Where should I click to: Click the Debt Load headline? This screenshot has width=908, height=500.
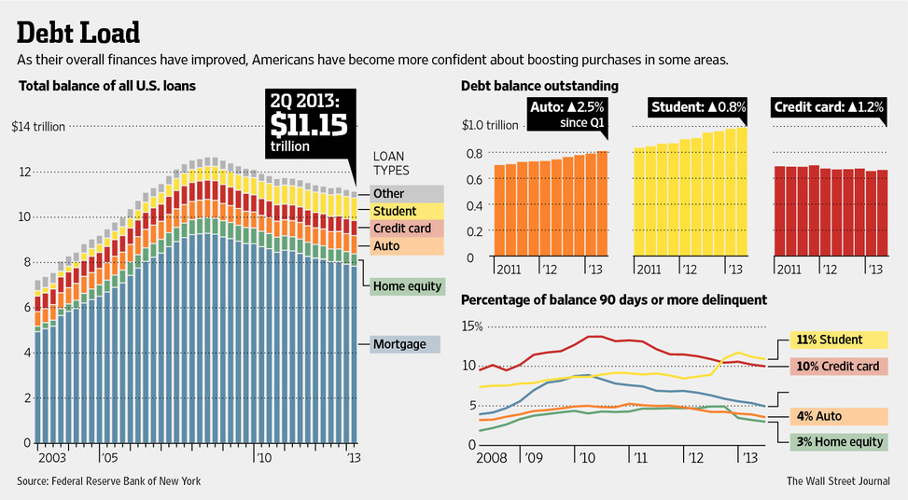[78, 32]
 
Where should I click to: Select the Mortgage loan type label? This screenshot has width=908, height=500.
[399, 344]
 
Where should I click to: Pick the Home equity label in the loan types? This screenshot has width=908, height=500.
[407, 286]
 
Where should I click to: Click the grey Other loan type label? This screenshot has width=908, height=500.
[388, 193]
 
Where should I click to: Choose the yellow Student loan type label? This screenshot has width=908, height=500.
[394, 211]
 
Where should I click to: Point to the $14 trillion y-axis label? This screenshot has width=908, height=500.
[38, 127]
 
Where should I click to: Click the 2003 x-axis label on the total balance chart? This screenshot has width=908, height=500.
[51, 460]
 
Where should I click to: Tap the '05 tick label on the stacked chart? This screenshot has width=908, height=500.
[109, 460]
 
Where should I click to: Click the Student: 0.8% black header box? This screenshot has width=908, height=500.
[699, 107]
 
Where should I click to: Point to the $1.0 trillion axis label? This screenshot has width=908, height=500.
[490, 126]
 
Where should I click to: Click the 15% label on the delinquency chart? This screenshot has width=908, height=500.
[471, 326]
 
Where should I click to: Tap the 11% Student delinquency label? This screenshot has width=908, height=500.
[838, 340]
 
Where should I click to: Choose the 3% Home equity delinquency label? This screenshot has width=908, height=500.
[838, 441]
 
